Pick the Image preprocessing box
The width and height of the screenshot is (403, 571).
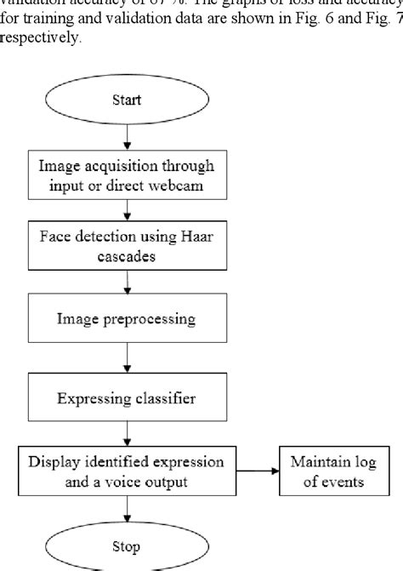(x=126, y=319)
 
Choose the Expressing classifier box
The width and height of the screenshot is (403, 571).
(x=126, y=397)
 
